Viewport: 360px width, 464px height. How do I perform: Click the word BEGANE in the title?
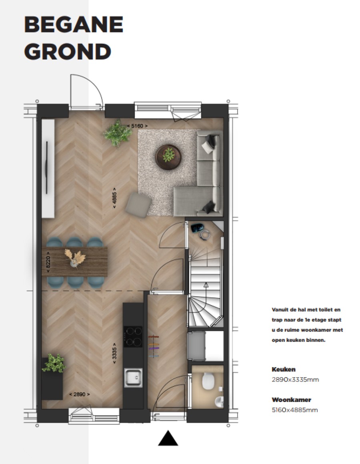(74, 24)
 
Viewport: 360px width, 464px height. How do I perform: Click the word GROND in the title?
(68, 52)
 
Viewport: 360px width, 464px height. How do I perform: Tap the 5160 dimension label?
(137, 126)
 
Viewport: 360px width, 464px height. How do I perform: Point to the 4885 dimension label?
(114, 198)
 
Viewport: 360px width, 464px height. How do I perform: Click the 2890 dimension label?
(79, 394)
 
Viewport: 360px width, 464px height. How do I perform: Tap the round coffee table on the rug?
(168, 157)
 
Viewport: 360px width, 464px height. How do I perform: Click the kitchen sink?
(133, 378)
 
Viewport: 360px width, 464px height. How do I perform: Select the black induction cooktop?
(133, 336)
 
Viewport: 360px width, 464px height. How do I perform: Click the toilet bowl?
(208, 381)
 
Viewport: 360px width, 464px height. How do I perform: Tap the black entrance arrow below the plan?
(168, 438)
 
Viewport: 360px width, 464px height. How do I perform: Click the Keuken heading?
(284, 369)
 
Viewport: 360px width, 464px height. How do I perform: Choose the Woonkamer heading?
(292, 400)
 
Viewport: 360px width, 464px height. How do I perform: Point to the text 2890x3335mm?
(295, 380)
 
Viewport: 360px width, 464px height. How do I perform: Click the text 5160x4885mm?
(295, 410)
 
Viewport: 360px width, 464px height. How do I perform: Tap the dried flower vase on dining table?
(74, 258)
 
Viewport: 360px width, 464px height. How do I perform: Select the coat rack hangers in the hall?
(153, 347)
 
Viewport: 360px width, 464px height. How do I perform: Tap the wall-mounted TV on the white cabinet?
(46, 168)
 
